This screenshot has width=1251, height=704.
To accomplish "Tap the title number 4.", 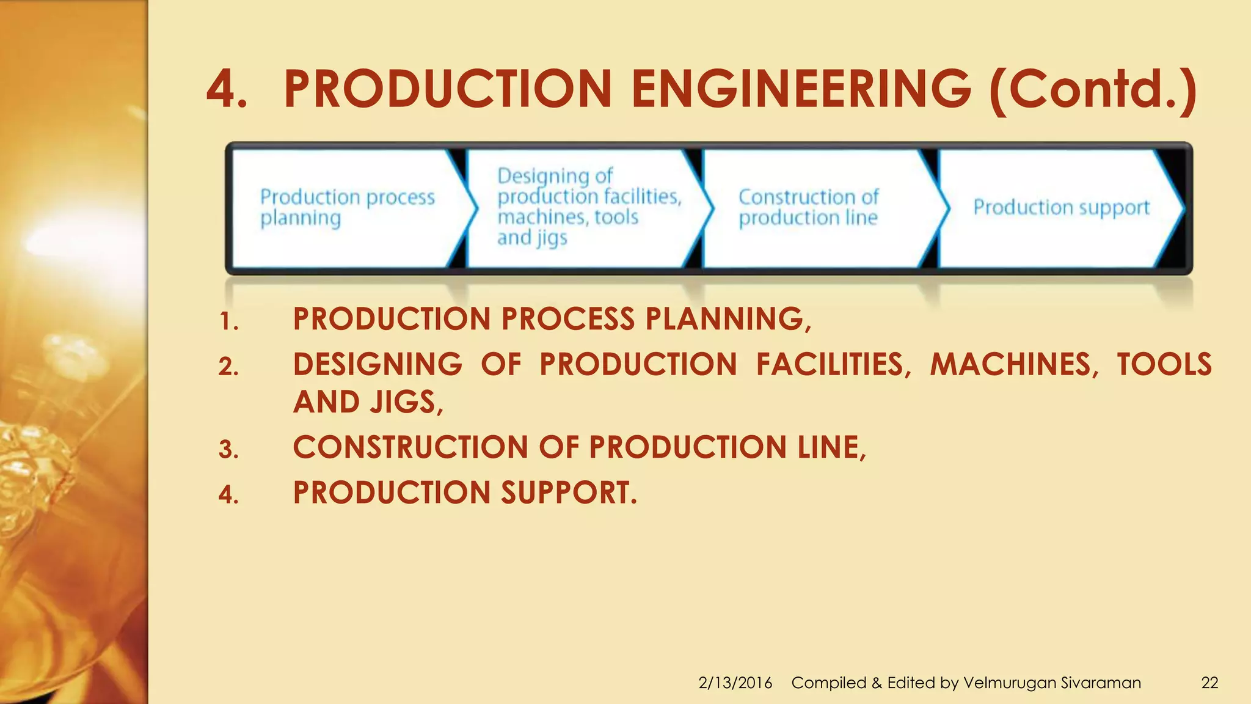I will (x=226, y=89).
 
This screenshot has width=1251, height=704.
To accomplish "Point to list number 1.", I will (x=228, y=322).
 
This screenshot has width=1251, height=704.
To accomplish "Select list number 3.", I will (x=228, y=450).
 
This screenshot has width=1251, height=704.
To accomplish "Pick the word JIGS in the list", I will (x=406, y=402).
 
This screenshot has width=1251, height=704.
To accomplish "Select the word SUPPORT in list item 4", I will (x=568, y=493).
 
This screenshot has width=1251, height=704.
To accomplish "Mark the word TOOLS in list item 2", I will (x=1164, y=364).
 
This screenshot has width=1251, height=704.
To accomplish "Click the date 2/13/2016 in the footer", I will (x=735, y=683).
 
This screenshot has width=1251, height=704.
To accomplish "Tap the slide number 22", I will (x=1209, y=683).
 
